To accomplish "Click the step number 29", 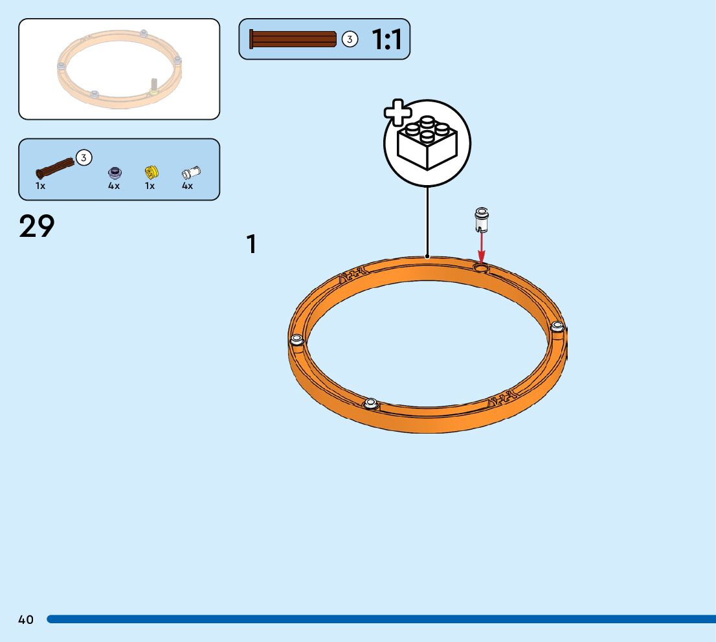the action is [37, 227].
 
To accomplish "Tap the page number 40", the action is [26, 620].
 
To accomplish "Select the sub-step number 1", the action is [251, 245].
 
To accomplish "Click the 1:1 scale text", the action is [386, 39].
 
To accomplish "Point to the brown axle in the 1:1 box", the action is [293, 39].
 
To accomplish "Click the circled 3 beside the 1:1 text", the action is [350, 39].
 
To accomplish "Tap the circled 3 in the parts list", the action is [84, 157].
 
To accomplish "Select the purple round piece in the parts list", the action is [114, 172].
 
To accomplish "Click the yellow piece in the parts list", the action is [151, 172].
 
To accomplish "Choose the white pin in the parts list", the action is [190, 172].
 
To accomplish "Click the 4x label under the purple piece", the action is [114, 186].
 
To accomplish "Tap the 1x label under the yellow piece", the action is [150, 186].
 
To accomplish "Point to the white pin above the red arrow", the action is [482, 219].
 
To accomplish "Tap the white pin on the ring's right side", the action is [557, 327].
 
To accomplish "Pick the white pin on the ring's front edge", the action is [371, 404].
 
